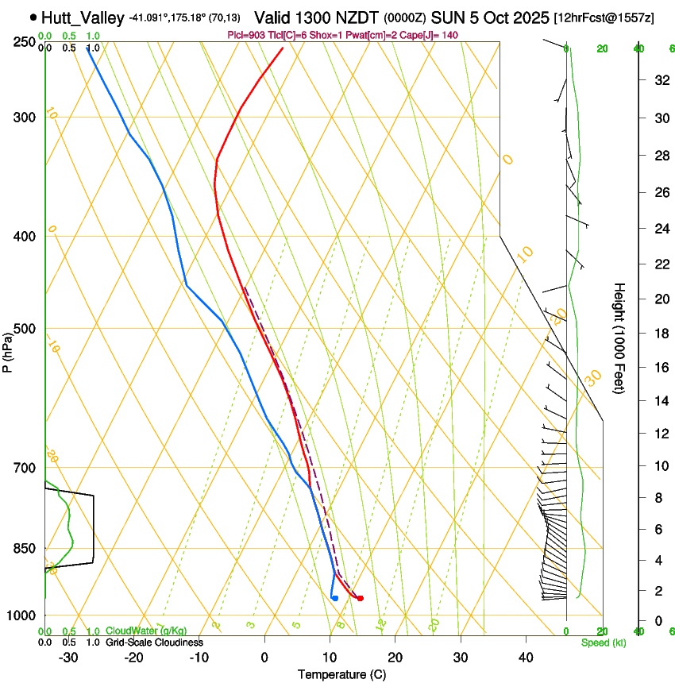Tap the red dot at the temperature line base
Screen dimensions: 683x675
(361, 598)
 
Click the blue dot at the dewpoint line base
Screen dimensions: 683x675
(335, 597)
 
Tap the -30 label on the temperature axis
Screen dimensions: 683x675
(68, 657)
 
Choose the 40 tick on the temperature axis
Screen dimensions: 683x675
(526, 657)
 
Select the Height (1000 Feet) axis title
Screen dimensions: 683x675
(619, 338)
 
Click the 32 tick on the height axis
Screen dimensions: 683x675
(659, 80)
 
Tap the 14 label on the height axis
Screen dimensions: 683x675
(659, 401)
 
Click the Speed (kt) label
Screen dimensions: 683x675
(604, 642)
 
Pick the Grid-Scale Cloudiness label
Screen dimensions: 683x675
(154, 642)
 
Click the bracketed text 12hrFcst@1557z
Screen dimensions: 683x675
(604, 17)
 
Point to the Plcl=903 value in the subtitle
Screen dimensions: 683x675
(248, 36)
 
